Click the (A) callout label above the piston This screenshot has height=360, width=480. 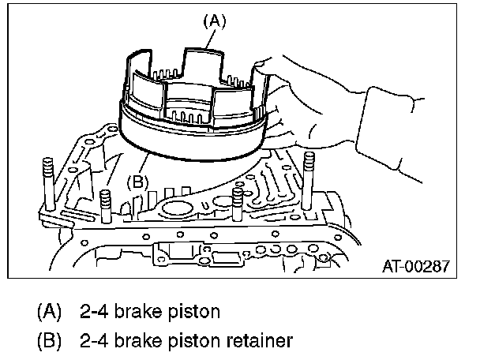(215, 22)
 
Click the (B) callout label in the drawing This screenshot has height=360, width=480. (137, 182)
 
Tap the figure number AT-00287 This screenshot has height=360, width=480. (416, 266)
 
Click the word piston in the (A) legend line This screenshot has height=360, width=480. (194, 313)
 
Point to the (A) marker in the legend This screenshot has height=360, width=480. (49, 312)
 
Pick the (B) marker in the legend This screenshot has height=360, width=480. (49, 341)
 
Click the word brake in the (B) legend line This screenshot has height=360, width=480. (137, 340)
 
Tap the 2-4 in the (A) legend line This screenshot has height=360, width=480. (94, 311)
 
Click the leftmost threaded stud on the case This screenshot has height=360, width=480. (48, 184)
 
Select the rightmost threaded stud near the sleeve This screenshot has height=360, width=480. (308, 181)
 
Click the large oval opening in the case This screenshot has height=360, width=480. (178, 209)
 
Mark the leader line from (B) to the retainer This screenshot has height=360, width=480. (144, 164)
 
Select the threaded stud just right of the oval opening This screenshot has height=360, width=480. (238, 203)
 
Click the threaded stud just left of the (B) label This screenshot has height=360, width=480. (105, 206)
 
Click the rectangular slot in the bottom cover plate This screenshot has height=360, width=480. (226, 258)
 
